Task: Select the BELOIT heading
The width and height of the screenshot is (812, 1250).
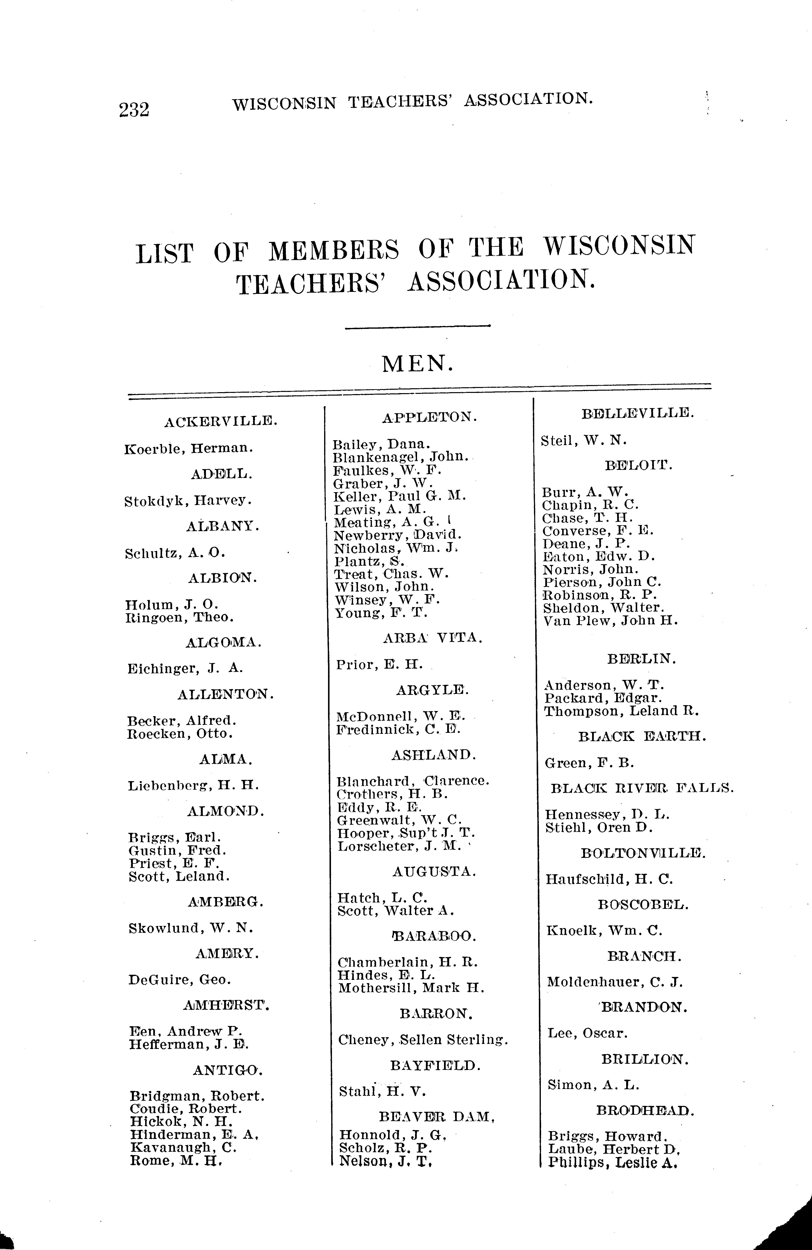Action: pos(638,465)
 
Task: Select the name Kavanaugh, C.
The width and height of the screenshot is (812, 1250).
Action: pos(183,1147)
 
